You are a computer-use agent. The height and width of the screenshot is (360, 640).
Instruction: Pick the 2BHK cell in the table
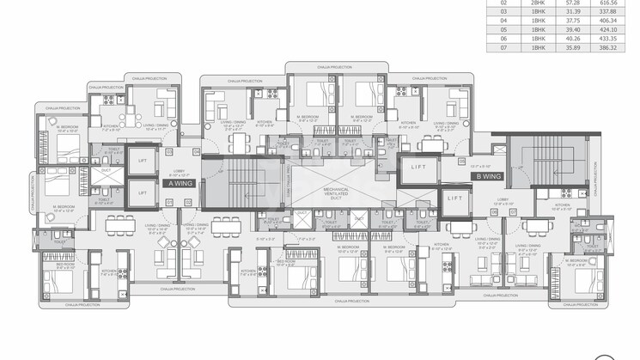click(x=539, y=3)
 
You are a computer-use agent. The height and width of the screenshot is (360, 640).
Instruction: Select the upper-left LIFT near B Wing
click(x=419, y=167)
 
